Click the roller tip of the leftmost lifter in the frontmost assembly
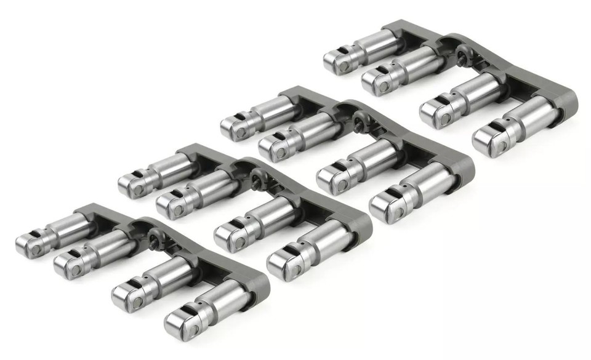28,245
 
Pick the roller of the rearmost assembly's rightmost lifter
486,140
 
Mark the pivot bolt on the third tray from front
357,117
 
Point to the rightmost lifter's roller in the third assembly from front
384,210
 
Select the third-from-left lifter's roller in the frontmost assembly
124,297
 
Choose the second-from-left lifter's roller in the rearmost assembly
373,81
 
